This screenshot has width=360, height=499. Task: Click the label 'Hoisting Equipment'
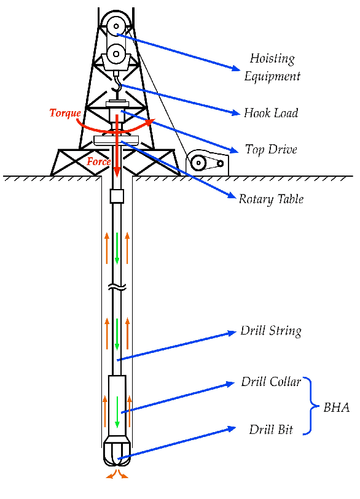tap(272, 68)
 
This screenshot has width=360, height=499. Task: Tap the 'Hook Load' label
tap(271, 113)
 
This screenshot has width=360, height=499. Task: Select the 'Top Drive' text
tap(271, 149)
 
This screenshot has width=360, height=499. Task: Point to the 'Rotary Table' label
tap(271, 199)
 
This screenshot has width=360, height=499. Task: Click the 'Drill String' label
tap(271, 331)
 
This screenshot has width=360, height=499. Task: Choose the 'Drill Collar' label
tap(271, 382)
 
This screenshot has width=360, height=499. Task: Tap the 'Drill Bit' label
tap(271, 430)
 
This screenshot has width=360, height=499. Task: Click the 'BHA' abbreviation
tap(337, 408)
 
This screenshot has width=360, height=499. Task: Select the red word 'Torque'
tap(65, 113)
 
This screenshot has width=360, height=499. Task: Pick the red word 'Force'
tap(99, 161)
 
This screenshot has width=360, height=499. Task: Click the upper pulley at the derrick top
tap(116, 26)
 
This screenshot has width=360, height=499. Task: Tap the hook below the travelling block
tap(119, 86)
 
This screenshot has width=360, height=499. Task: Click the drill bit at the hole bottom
tap(117, 451)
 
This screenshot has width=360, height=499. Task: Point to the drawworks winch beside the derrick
tap(207, 163)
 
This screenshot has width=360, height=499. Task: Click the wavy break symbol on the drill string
tap(117, 287)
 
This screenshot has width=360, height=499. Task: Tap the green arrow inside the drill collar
tap(117, 412)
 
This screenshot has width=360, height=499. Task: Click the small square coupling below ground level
tap(117, 196)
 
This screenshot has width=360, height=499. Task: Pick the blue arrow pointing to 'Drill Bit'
tap(177, 443)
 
